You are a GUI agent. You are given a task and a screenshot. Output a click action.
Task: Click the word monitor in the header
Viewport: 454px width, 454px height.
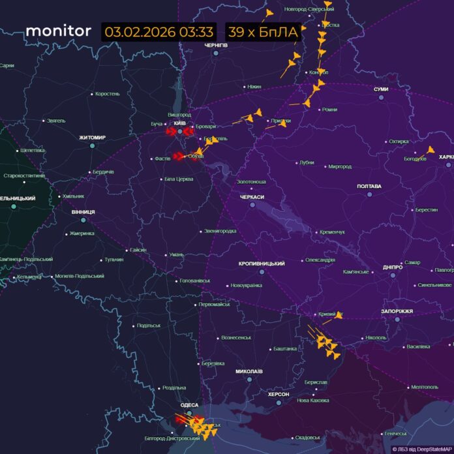(x=58, y=31)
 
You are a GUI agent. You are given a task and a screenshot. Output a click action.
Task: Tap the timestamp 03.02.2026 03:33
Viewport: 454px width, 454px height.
(x=159, y=32)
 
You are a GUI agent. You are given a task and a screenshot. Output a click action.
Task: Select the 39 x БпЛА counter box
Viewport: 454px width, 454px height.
(x=263, y=32)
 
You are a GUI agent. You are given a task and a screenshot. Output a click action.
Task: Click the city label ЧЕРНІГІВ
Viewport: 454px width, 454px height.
(x=215, y=45)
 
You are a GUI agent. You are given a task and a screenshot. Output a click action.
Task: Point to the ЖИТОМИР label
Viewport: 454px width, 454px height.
(x=92, y=138)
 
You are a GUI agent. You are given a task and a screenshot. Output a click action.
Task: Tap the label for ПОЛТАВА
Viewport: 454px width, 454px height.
(x=369, y=187)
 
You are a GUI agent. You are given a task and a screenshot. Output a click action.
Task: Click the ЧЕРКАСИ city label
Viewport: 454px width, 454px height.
(x=252, y=197)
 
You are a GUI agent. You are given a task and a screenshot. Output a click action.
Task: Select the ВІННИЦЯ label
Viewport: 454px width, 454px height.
(x=83, y=212)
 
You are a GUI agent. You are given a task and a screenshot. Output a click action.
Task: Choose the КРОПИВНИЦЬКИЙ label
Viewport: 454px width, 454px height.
(x=262, y=264)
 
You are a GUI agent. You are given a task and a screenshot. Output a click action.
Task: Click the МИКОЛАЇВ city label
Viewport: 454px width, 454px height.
(x=249, y=371)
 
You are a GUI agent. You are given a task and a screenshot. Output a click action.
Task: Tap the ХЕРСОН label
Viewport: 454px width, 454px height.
(x=282, y=395)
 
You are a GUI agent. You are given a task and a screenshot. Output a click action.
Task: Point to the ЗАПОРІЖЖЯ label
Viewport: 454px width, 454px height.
(x=397, y=311)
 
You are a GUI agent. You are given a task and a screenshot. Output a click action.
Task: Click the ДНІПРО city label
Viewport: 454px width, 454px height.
(x=392, y=267)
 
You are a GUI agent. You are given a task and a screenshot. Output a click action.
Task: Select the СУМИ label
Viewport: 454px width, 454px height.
(x=381, y=89)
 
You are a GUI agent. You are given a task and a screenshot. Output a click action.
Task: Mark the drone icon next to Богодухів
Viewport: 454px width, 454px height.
(x=431, y=151)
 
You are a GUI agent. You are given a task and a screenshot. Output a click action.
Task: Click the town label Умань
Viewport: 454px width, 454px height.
(x=176, y=254)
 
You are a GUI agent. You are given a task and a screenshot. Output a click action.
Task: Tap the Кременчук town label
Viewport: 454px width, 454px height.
(x=332, y=232)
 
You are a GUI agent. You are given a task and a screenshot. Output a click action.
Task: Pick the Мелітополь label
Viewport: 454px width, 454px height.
(x=424, y=387)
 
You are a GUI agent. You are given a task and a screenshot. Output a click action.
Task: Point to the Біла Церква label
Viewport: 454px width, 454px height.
(x=178, y=178)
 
